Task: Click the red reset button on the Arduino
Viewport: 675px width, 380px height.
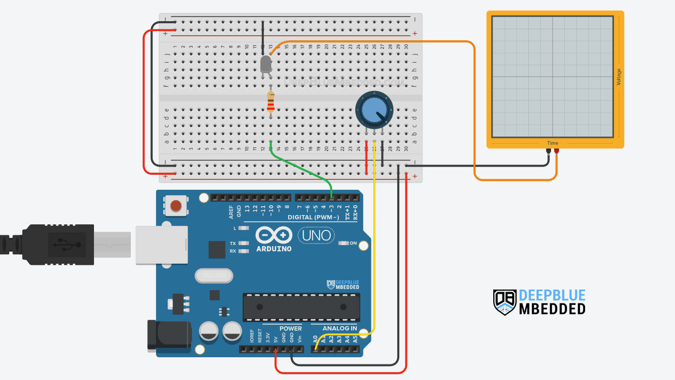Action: [176, 206]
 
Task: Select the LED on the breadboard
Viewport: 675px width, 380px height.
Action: [265, 64]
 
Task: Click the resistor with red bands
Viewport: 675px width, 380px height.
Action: [271, 101]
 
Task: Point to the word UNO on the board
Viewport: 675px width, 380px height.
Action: [317, 236]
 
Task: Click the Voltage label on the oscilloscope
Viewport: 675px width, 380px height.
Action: [619, 77]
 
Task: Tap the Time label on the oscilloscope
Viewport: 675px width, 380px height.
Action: [553, 143]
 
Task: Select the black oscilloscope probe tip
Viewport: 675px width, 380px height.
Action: [548, 151]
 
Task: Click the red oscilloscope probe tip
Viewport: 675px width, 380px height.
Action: [556, 151]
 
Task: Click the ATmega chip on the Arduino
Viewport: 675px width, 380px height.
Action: [302, 307]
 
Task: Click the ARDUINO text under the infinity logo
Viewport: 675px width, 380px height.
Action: [274, 249]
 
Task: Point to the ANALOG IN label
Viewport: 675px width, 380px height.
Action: [340, 328]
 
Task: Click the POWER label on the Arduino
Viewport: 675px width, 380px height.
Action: [291, 328]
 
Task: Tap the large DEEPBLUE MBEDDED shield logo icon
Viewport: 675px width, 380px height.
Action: [505, 302]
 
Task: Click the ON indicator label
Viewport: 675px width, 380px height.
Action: [353, 243]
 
